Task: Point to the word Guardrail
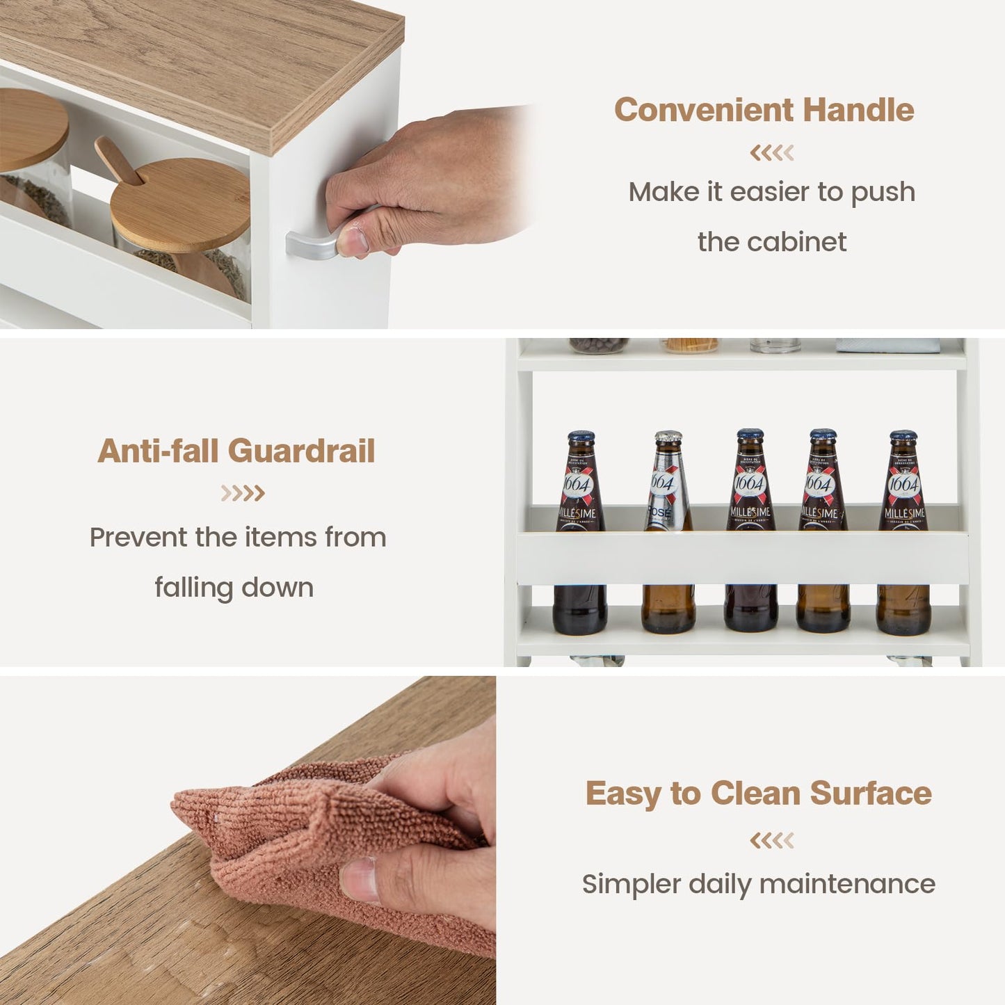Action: tap(302, 451)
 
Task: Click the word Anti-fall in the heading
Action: tap(158, 451)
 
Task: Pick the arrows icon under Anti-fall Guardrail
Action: tap(243, 493)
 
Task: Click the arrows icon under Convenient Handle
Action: tap(772, 153)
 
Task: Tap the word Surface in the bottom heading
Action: tap(871, 794)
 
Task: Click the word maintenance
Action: tap(847, 884)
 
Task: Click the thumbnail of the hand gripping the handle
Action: tap(353, 241)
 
